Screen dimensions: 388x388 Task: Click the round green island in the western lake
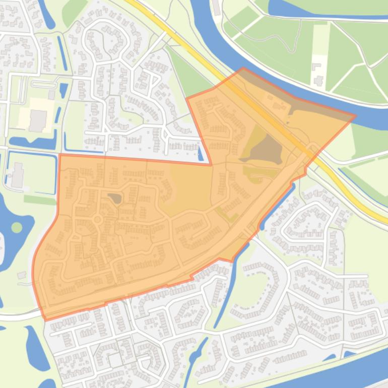point(17,227)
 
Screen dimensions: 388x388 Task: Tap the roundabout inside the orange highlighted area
point(97,220)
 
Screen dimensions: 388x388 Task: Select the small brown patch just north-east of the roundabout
point(115,199)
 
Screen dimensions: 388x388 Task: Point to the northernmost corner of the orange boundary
point(243,68)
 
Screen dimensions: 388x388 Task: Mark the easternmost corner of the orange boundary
point(355,116)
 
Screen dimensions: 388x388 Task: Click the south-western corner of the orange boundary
point(45,320)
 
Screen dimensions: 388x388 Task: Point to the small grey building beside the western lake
point(21,275)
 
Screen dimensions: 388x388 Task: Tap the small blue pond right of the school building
point(63,91)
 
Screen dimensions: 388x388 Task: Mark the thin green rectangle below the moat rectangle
point(40,200)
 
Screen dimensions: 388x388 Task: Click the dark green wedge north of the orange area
point(186,76)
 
